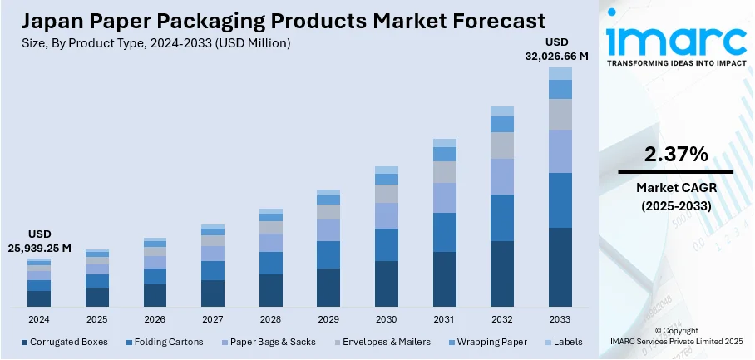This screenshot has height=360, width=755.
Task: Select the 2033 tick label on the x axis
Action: pos(560,319)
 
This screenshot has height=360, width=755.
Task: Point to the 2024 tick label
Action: pos(39,319)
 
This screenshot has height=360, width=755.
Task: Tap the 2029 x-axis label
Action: pos(328,319)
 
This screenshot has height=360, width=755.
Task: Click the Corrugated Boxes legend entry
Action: pos(65,342)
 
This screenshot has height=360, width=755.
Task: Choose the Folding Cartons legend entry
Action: pos(164,342)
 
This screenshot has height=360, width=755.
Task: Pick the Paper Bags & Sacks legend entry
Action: pos(269,342)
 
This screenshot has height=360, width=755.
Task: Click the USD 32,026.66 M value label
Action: pos(555,49)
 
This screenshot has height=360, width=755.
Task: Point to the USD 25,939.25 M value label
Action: pos(40,241)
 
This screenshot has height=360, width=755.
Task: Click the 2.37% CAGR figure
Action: pos(675,154)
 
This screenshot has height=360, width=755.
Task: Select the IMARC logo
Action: pos(675,38)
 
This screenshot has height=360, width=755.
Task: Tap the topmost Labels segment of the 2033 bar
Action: pos(560,73)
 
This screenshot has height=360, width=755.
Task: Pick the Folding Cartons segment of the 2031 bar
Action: pos(445,232)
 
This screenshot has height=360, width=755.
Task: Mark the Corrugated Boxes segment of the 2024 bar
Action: pos(39,298)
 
